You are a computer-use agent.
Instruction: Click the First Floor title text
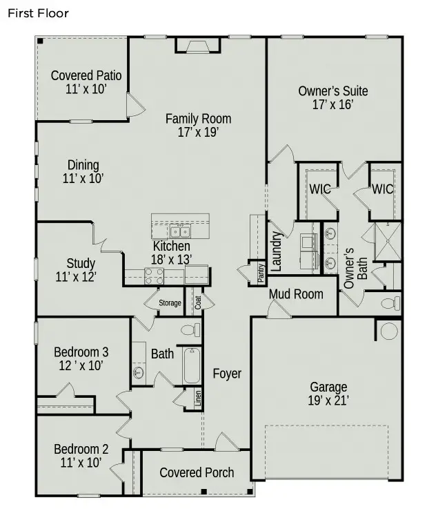pyautogui.click(x=39, y=13)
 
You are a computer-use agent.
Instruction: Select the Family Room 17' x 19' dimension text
pyautogui.click(x=198, y=133)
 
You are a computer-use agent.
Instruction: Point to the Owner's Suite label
pyautogui.click(x=332, y=90)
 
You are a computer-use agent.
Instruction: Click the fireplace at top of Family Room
pyautogui.click(x=197, y=46)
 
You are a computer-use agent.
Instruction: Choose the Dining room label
pyautogui.click(x=83, y=165)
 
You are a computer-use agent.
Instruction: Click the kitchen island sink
pyautogui.click(x=181, y=231)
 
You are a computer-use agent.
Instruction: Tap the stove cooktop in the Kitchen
pyautogui.click(x=153, y=276)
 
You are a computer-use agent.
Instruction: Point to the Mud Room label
pyautogui.click(x=295, y=294)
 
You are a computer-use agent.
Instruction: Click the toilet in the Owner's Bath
pyautogui.click(x=390, y=303)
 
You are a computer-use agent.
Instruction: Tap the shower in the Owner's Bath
pyautogui.click(x=387, y=241)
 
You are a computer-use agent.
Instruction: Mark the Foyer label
pyautogui.click(x=227, y=374)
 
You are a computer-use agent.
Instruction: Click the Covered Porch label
pyautogui.click(x=197, y=472)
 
